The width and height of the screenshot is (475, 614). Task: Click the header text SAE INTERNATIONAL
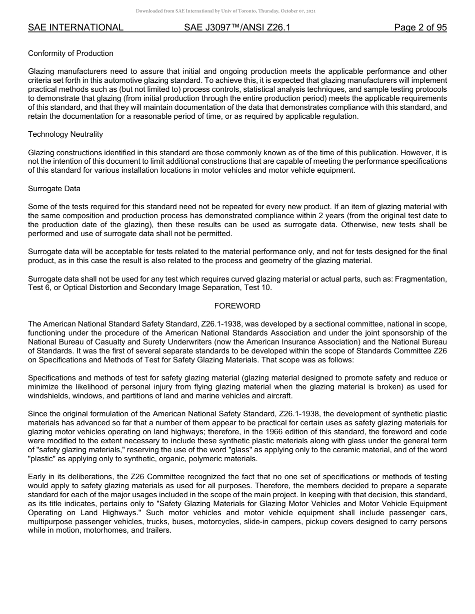(75, 28)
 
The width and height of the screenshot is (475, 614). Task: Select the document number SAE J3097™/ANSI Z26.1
(237, 28)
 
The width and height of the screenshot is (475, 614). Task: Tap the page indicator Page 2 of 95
(420, 28)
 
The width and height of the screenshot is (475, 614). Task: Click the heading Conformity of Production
(70, 53)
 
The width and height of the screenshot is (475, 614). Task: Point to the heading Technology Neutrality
(65, 134)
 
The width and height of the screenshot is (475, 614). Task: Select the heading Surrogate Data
(54, 189)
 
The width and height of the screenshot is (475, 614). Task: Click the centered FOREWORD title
(237, 306)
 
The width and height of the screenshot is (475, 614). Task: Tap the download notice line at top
(225, 11)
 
